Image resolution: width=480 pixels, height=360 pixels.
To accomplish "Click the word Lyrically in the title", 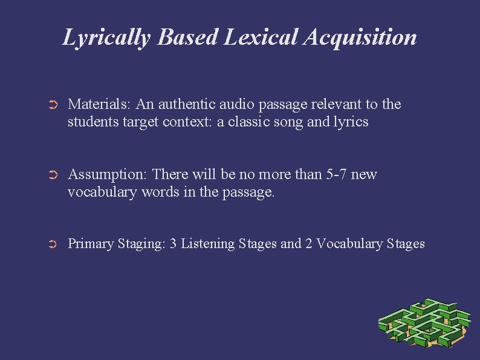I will click(106, 38).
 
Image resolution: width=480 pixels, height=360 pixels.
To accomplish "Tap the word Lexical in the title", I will click(261, 38).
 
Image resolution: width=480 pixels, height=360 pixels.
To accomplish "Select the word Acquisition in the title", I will click(361, 38).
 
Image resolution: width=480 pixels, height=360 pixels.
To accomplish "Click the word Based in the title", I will click(188, 38).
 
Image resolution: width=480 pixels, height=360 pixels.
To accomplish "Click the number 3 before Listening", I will click(173, 244).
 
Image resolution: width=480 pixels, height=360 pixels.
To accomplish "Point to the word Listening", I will click(209, 244).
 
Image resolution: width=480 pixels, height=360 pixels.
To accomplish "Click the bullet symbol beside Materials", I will click(52, 105).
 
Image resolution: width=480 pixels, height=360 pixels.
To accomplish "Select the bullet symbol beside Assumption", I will click(52, 175).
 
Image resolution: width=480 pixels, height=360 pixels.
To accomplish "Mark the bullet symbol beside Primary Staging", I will click(52, 244).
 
